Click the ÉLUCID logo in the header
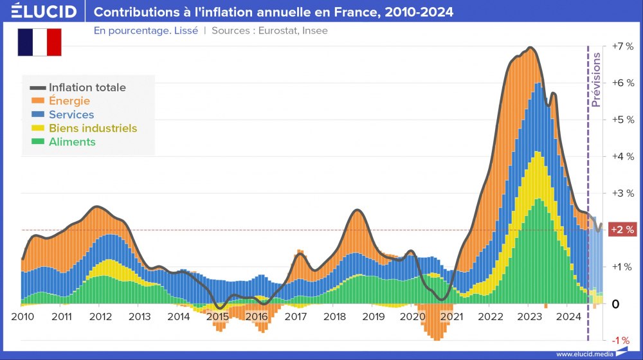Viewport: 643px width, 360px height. (x=43, y=12)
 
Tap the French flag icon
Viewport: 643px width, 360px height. (x=39, y=42)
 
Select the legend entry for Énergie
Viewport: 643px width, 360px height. (x=69, y=101)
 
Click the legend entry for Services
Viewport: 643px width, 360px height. (x=71, y=114)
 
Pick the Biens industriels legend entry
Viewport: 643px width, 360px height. (x=93, y=128)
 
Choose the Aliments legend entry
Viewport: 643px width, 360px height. (x=72, y=142)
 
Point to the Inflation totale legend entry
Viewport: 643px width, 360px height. (x=87, y=87)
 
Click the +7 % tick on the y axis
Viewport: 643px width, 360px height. (x=622, y=46)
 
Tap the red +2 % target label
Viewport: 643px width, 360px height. (x=622, y=230)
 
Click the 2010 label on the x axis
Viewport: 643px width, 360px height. (x=23, y=316)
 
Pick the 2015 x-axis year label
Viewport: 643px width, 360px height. (x=217, y=316)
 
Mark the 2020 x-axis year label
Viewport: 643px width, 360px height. (x=412, y=316)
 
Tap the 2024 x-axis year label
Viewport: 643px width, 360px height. (x=568, y=316)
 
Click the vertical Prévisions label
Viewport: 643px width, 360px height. (x=596, y=80)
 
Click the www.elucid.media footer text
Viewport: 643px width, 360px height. (x=583, y=354)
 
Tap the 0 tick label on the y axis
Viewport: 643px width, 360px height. (x=615, y=303)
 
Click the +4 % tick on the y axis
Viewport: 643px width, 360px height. (x=622, y=156)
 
